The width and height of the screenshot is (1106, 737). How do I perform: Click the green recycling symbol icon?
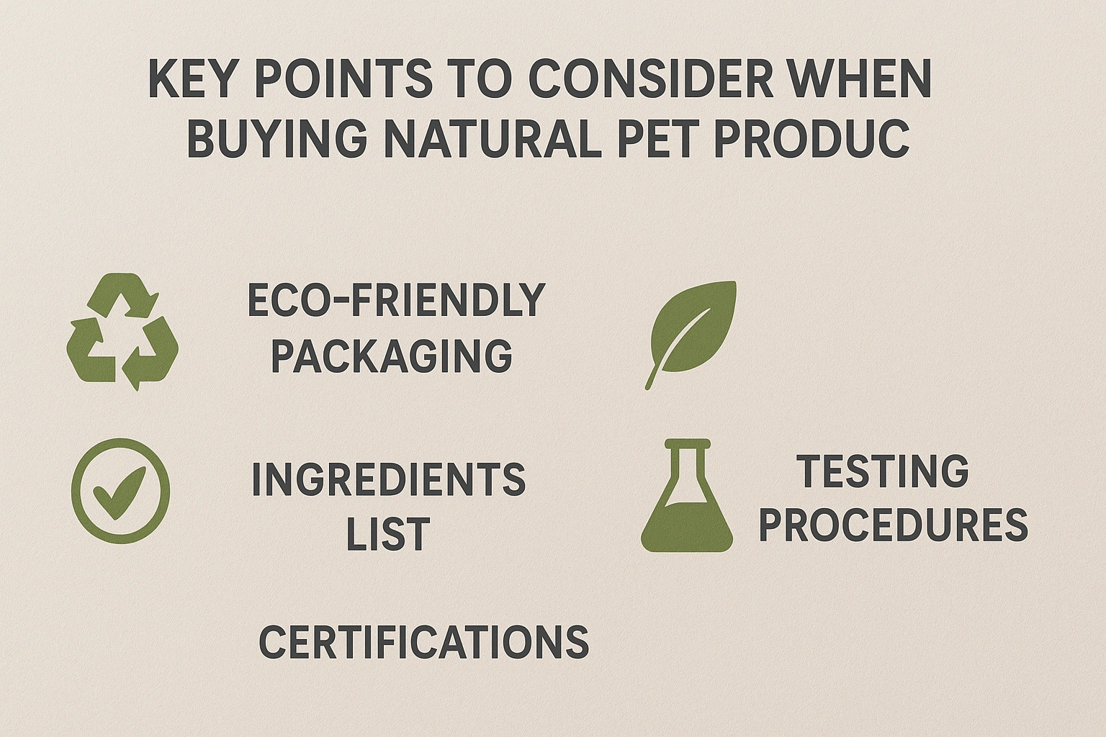coord(122,332)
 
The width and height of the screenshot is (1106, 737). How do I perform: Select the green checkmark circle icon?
coord(121,490)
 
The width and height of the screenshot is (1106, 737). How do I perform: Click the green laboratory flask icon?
coord(686,504)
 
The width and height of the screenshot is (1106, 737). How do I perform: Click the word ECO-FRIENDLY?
coord(396,300)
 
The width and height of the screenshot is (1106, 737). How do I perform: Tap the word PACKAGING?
coord(391,356)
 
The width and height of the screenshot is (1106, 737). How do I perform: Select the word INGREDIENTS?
coord(388,480)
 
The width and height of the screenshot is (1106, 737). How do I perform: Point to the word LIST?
coord(388,535)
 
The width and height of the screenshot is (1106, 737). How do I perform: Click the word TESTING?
coord(883,471)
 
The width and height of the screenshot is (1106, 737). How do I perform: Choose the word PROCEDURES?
coord(893,525)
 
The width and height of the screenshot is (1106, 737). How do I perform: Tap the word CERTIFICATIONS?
coord(423,642)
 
